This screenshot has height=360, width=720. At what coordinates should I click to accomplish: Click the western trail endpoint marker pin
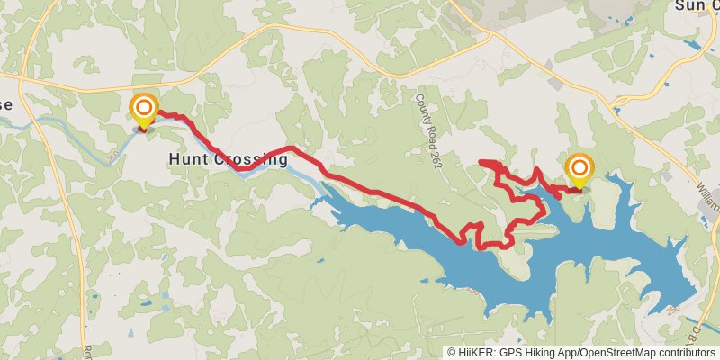pos(143,112)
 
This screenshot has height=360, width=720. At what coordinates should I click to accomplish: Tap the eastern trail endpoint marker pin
pos(579,171)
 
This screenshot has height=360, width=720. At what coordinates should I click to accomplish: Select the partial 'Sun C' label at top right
pos(697,5)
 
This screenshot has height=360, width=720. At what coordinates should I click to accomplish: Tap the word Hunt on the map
pos(186,159)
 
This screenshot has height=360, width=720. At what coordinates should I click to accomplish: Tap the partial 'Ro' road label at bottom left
pos(87,351)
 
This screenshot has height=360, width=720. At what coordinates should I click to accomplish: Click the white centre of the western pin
pos(143,109)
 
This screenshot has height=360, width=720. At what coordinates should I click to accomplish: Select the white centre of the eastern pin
pos(579,167)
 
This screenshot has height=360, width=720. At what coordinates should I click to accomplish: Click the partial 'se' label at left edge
pos(5,104)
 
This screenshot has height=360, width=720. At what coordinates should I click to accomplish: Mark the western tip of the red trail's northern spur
pos(481,162)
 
